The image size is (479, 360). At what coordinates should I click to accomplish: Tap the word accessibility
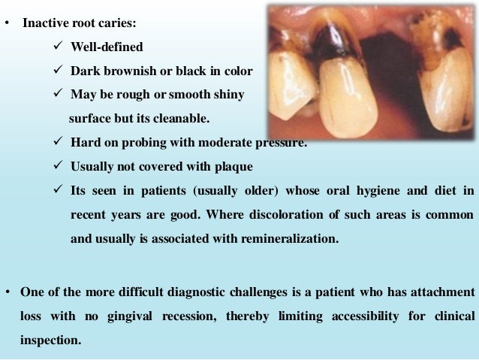[357, 316]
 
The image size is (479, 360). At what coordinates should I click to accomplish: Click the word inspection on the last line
[50, 340]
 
